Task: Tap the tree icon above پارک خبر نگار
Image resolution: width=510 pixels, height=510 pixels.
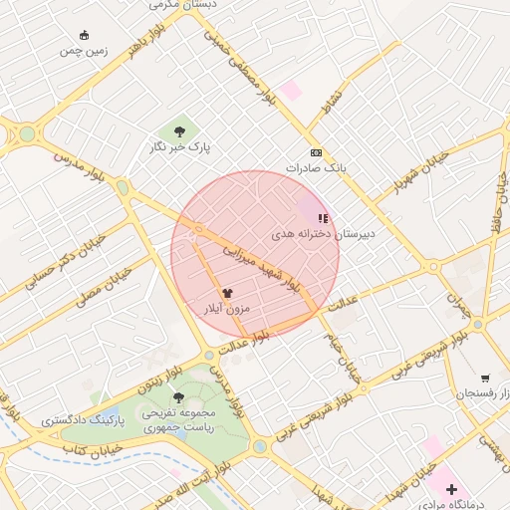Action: point(179,130)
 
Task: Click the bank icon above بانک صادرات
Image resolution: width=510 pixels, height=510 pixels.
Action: point(317,152)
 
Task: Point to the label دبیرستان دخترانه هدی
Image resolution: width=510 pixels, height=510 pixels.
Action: point(324,233)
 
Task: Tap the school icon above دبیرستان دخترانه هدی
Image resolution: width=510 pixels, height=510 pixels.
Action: point(322,217)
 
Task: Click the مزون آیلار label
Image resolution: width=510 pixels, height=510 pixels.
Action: point(227,309)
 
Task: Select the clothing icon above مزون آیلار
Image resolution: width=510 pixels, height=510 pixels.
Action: point(227,293)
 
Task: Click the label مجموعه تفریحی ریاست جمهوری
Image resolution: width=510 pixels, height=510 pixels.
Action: point(179,419)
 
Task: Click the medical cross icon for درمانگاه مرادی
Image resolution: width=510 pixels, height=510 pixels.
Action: point(451,489)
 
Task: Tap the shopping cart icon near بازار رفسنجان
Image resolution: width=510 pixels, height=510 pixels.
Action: point(485,379)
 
